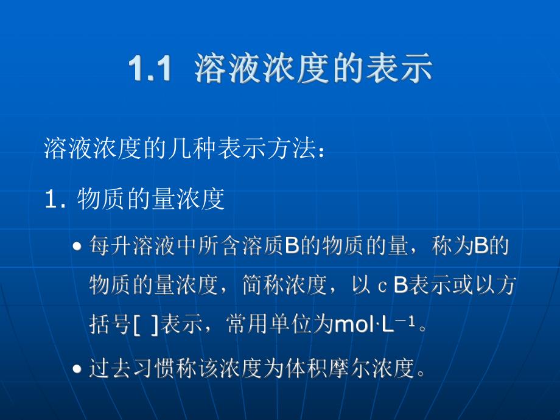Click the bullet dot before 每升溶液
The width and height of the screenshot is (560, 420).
[77, 248]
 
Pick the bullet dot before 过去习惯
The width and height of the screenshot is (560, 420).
[77, 369]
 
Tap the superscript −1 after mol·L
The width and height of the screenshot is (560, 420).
[407, 321]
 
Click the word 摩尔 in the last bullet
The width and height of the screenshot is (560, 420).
[351, 369]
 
